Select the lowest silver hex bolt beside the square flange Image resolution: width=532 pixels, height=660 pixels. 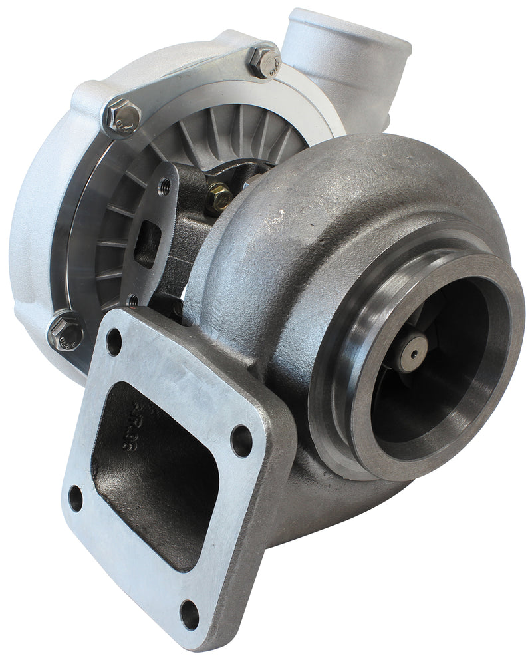(65, 330)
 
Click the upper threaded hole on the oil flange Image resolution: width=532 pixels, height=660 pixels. (162, 187)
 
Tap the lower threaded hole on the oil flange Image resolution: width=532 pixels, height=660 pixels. (132, 300)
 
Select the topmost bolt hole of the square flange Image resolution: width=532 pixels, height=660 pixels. (114, 342)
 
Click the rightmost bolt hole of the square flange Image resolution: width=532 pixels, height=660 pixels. (241, 440)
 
